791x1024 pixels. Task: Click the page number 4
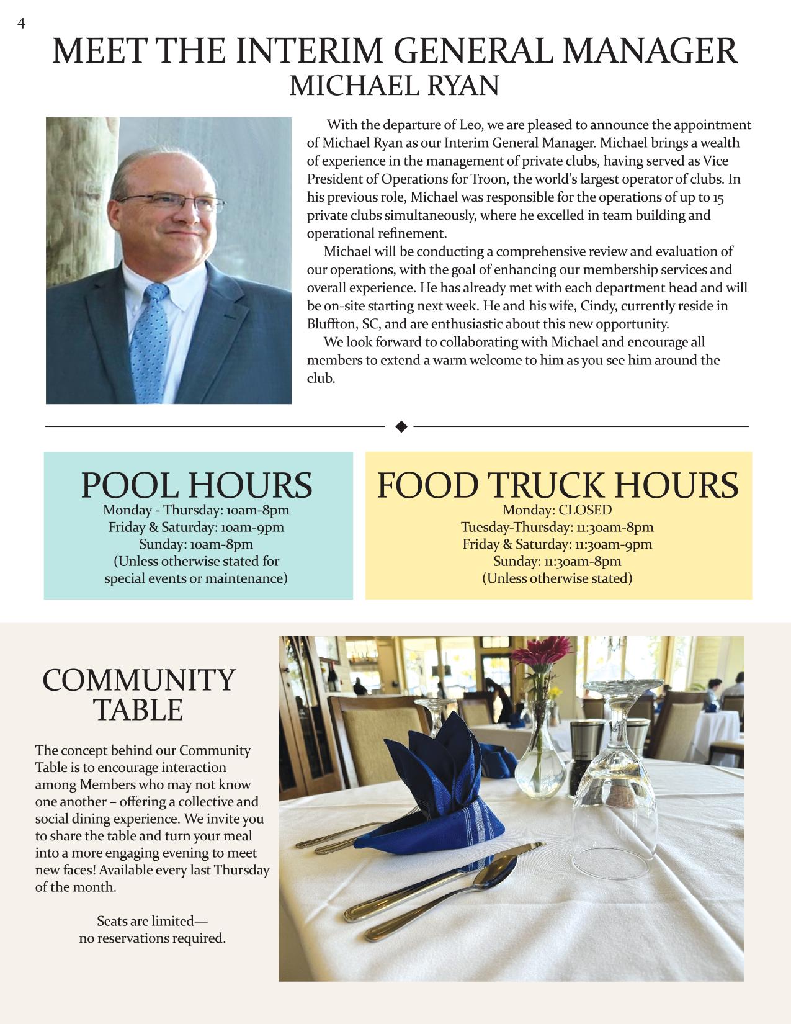coord(22,24)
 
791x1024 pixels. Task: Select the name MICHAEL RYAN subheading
coord(394,86)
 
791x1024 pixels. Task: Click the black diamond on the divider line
coord(401,426)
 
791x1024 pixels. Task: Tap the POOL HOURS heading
coord(197,485)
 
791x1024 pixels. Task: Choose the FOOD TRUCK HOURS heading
coord(558,485)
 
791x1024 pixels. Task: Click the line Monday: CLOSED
coord(556,510)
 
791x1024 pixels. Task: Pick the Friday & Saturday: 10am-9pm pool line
coord(196,528)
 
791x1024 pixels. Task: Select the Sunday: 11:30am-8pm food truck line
coord(556,562)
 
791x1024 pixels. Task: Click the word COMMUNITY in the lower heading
coord(139,680)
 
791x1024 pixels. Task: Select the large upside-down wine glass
coord(617,776)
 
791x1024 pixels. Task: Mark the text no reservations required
coord(152,938)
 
